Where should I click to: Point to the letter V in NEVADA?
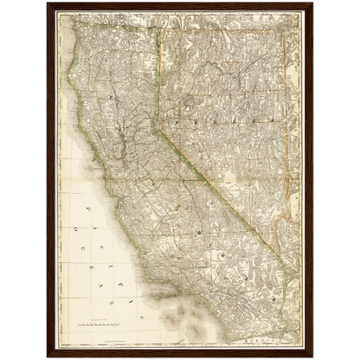tap(219, 107)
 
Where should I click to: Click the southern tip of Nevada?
tap(279, 256)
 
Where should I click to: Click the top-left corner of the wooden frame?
tap(46, 3)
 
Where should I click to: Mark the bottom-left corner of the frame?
tap(46, 357)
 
